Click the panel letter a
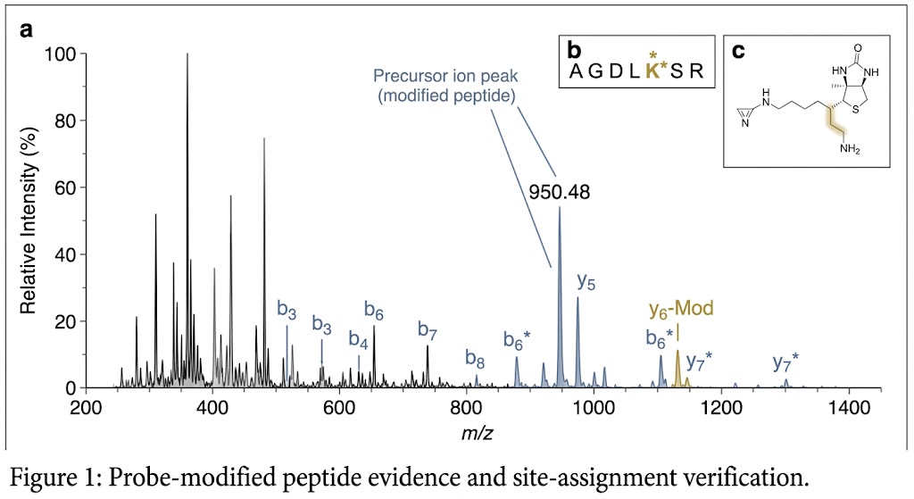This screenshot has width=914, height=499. point(27,30)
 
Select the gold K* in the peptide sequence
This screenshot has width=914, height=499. point(653,71)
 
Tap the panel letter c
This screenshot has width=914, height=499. point(738,51)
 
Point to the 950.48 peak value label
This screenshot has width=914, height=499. point(560,192)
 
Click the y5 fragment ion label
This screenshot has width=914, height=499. point(586,281)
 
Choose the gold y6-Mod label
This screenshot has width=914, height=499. point(680,311)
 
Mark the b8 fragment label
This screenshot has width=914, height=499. point(475,359)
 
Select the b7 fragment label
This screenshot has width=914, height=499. point(428,329)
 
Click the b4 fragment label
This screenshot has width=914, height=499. point(359,340)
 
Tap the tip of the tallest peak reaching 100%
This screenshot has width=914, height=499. point(187,54)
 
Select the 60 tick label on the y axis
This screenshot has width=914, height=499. point(62,187)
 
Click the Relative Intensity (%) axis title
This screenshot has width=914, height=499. point(29,220)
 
